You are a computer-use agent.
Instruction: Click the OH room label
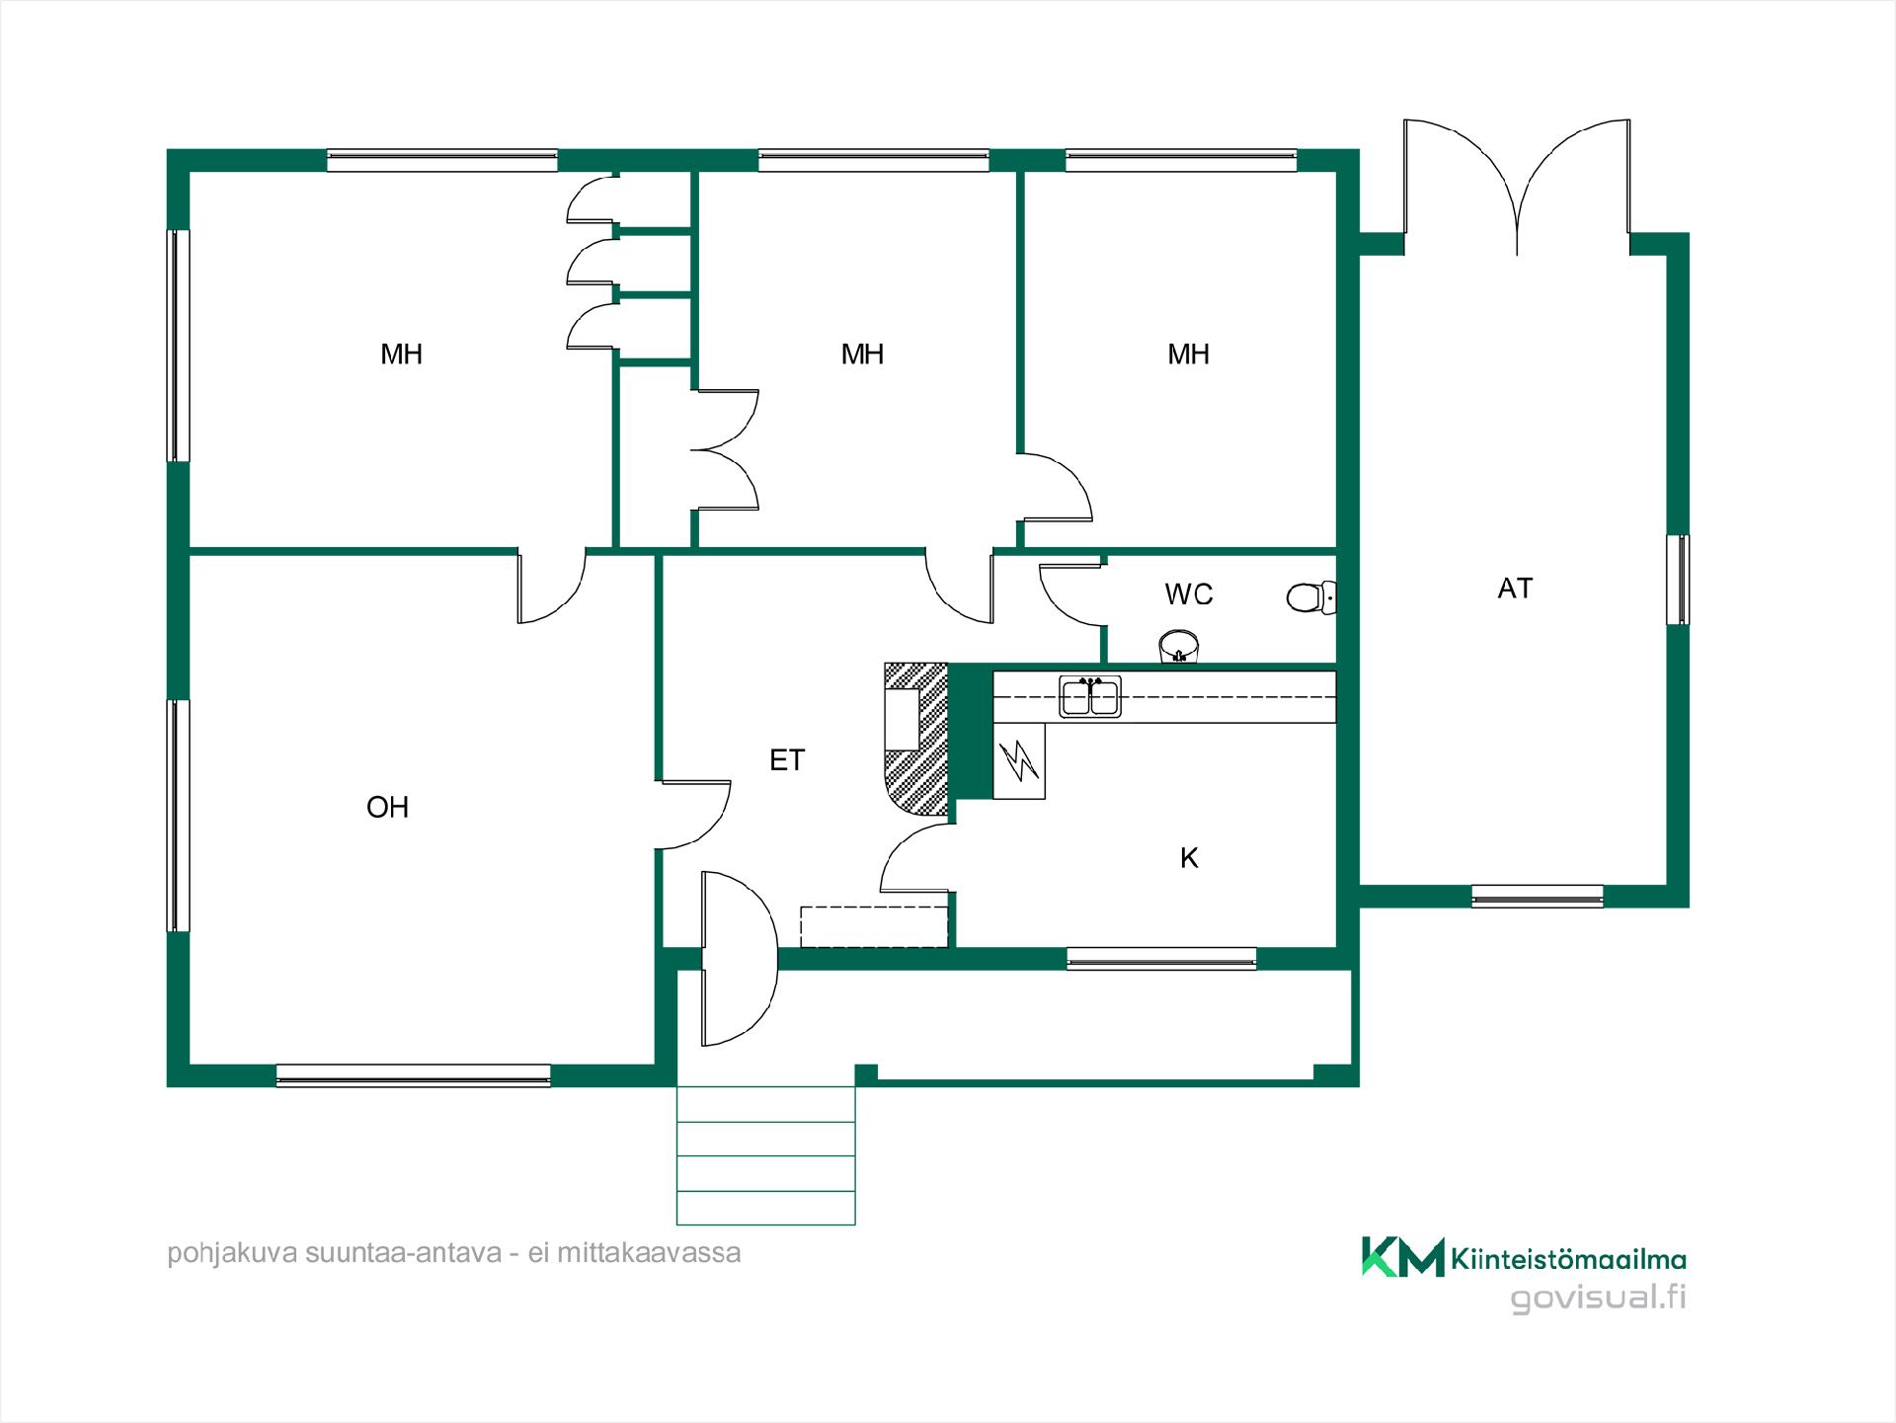387,808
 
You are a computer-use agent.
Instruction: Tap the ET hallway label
787,760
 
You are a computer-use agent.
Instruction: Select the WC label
1189,594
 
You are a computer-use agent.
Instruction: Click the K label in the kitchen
1189,858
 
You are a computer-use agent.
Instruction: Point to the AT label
1515,589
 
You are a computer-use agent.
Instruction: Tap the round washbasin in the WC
1178,647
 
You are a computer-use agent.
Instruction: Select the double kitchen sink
1090,697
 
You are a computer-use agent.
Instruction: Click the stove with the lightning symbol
1019,760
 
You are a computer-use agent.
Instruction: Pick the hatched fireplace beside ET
916,740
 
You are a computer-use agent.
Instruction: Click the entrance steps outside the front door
765,1155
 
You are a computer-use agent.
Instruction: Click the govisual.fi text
1598,1298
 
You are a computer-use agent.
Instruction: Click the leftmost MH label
401,355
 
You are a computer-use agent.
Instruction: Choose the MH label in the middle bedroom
862,355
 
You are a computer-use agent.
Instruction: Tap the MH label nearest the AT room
1188,355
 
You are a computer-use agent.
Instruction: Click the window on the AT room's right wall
1678,580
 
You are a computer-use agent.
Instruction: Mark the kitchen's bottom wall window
1161,958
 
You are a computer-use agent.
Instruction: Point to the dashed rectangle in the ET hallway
875,926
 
